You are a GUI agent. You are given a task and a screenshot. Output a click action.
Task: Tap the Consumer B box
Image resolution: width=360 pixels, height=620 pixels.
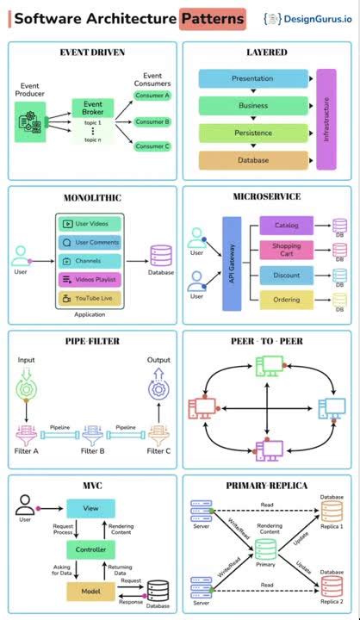152,121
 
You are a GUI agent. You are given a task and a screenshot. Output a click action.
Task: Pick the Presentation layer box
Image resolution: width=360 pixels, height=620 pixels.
252,78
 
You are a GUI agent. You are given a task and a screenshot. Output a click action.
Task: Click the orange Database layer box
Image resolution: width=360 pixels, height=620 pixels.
252,160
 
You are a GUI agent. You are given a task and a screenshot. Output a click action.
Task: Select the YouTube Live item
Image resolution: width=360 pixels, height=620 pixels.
90,298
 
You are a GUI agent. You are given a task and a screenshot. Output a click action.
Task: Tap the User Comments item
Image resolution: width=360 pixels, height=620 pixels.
90,242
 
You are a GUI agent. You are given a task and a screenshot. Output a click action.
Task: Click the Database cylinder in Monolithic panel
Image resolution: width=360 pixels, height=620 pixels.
161,256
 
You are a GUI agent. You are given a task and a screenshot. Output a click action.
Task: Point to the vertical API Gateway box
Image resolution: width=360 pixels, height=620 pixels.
231,263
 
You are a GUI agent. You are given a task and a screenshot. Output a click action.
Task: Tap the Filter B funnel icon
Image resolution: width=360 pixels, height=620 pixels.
91,432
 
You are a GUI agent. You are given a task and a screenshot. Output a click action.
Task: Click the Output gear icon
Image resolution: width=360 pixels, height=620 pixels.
158,388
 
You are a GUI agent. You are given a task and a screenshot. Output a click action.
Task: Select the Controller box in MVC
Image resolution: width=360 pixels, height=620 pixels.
91,549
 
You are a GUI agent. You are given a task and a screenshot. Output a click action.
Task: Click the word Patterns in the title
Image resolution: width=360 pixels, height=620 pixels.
212,18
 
